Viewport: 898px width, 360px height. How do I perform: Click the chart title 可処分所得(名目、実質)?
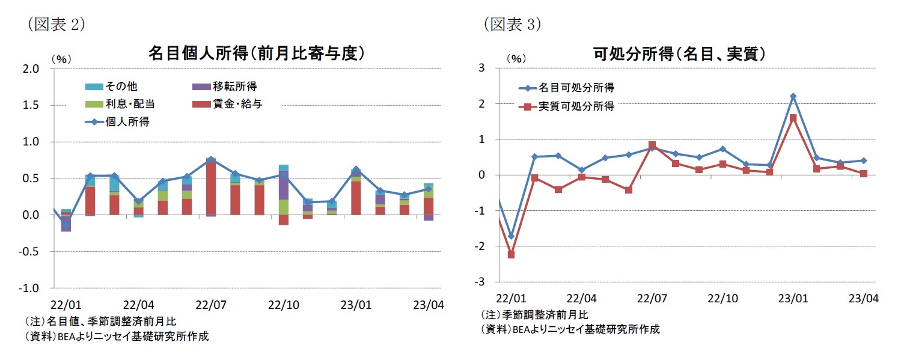pos(679,54)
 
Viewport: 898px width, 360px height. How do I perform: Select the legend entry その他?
pos(121,87)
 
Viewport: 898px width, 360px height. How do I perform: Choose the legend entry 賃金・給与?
pos(235,104)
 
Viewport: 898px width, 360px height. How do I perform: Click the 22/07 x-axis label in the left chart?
pos(211,304)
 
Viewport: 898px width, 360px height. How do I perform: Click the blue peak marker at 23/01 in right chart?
pos(793,96)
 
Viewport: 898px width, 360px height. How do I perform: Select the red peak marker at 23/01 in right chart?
pos(793,118)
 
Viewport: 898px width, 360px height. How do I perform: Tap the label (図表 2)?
pos(53,24)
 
